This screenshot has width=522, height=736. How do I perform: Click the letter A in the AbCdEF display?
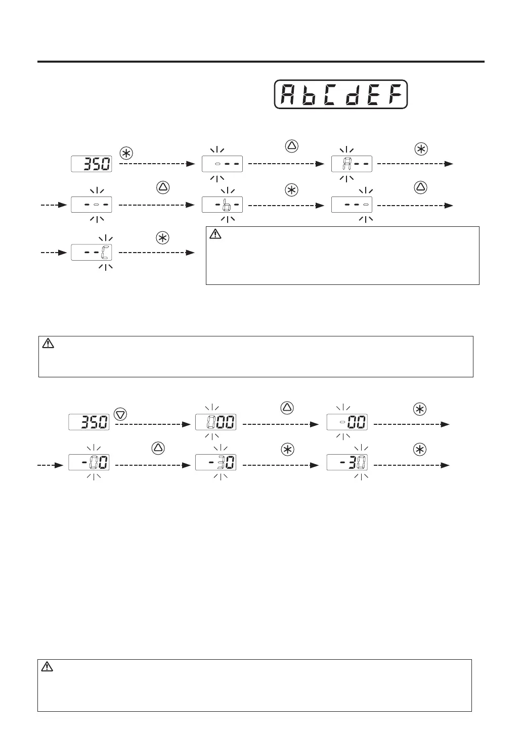[287, 94]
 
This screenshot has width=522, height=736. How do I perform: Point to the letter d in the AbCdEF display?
[352, 94]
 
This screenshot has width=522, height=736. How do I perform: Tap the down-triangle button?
[120, 414]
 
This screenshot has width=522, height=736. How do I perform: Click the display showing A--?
[352, 164]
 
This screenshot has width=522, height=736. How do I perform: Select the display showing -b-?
[222, 205]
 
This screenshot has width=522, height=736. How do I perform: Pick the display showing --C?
[92, 253]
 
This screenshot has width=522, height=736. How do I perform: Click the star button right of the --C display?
[162, 238]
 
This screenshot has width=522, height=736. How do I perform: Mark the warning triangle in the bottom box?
[47, 667]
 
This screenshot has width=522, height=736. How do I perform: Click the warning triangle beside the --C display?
[215, 234]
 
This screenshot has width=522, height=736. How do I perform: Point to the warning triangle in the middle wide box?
[48, 344]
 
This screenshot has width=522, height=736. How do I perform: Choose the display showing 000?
[215, 422]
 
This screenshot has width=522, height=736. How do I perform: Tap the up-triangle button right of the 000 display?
[287, 407]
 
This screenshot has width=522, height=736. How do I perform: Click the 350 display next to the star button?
[92, 164]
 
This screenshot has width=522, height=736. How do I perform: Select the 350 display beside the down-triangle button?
[89, 422]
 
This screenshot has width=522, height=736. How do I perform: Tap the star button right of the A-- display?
[420, 149]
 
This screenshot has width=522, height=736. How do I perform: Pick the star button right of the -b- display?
[291, 190]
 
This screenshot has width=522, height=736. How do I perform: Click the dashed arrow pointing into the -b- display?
[157, 205]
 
